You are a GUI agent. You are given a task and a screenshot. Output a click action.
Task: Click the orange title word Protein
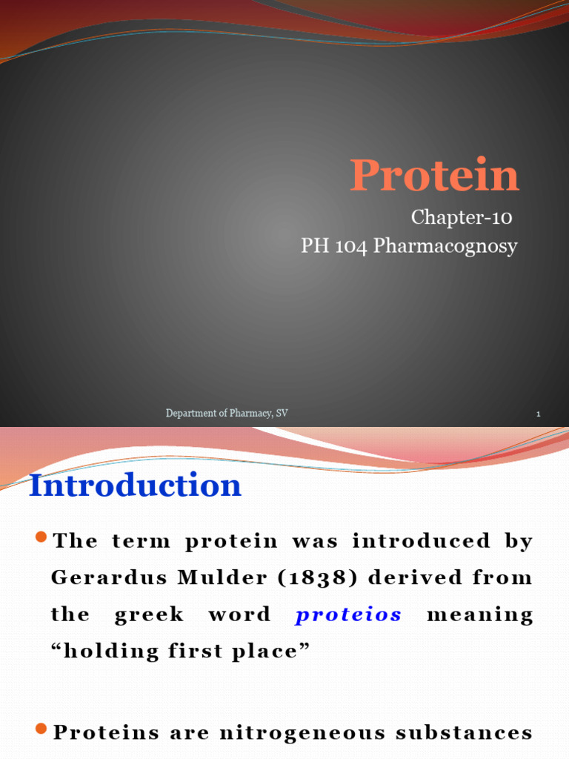434,176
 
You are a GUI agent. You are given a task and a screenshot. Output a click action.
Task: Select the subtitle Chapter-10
461,218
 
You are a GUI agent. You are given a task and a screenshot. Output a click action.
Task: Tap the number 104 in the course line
350,246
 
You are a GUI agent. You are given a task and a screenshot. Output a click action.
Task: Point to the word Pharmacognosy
445,247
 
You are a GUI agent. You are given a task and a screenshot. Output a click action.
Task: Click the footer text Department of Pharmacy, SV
227,413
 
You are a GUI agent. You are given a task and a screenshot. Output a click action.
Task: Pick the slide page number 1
538,414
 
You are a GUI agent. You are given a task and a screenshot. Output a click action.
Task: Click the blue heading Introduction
136,485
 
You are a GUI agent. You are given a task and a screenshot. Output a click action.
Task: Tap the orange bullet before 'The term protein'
41,536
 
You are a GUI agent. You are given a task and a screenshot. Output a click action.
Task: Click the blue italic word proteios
348,615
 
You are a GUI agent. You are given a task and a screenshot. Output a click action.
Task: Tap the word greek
149,615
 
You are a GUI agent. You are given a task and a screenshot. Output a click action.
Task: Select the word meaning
480,614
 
